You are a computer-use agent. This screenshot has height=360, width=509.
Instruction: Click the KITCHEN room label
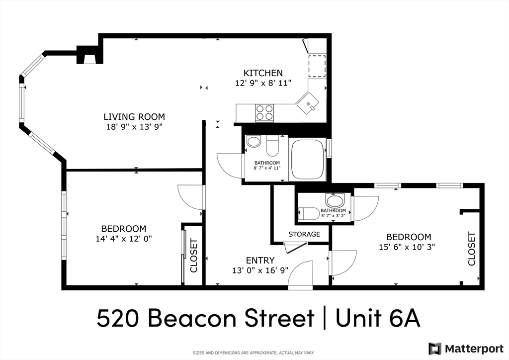coord(262,73)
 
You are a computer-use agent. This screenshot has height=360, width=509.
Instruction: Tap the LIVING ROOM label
coord(134,117)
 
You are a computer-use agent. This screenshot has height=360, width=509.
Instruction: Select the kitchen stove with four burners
coord(264,113)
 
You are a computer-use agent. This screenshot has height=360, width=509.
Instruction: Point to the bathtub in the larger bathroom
coord(307,158)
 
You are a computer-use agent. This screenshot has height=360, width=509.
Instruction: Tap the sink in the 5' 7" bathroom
coord(335,200)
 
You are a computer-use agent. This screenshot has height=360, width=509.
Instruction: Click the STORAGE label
coord(304,234)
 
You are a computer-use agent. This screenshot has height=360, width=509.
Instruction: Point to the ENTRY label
coord(260,260)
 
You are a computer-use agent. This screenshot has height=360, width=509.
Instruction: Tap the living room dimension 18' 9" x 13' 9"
coord(134,126)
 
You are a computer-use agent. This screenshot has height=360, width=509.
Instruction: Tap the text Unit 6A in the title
coord(378,318)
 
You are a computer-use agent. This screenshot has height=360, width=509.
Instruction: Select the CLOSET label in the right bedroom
coord(471,249)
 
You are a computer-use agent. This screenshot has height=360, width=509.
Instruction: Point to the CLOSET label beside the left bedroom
coord(193,256)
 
